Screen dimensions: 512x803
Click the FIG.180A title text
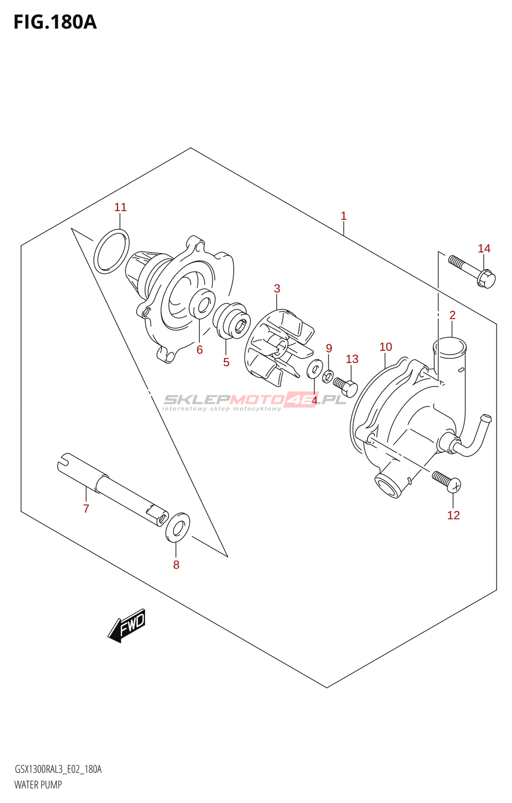55,22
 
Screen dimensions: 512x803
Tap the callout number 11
120,207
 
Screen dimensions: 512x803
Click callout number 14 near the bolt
484,248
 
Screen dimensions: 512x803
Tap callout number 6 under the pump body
199,350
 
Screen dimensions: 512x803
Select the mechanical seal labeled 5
231,320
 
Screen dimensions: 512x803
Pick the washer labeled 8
178,527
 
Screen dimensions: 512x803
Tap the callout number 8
176,565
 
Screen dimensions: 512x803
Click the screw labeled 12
446,481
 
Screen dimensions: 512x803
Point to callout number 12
453,515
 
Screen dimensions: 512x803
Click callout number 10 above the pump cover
386,347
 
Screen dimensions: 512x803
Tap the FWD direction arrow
127,625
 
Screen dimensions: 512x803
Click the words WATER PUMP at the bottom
38,785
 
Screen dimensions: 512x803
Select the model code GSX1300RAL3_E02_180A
58,769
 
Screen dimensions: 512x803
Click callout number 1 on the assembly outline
343,216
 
